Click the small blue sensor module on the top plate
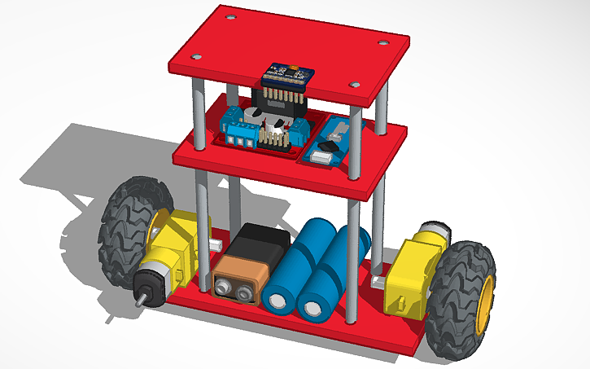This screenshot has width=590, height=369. coord(287,74)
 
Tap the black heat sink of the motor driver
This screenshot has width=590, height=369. coord(281,105)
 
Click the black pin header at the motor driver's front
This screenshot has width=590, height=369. coord(278,139)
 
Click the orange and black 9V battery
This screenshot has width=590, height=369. coord(247,266)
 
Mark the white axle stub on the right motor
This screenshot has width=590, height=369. coord(378,282)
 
